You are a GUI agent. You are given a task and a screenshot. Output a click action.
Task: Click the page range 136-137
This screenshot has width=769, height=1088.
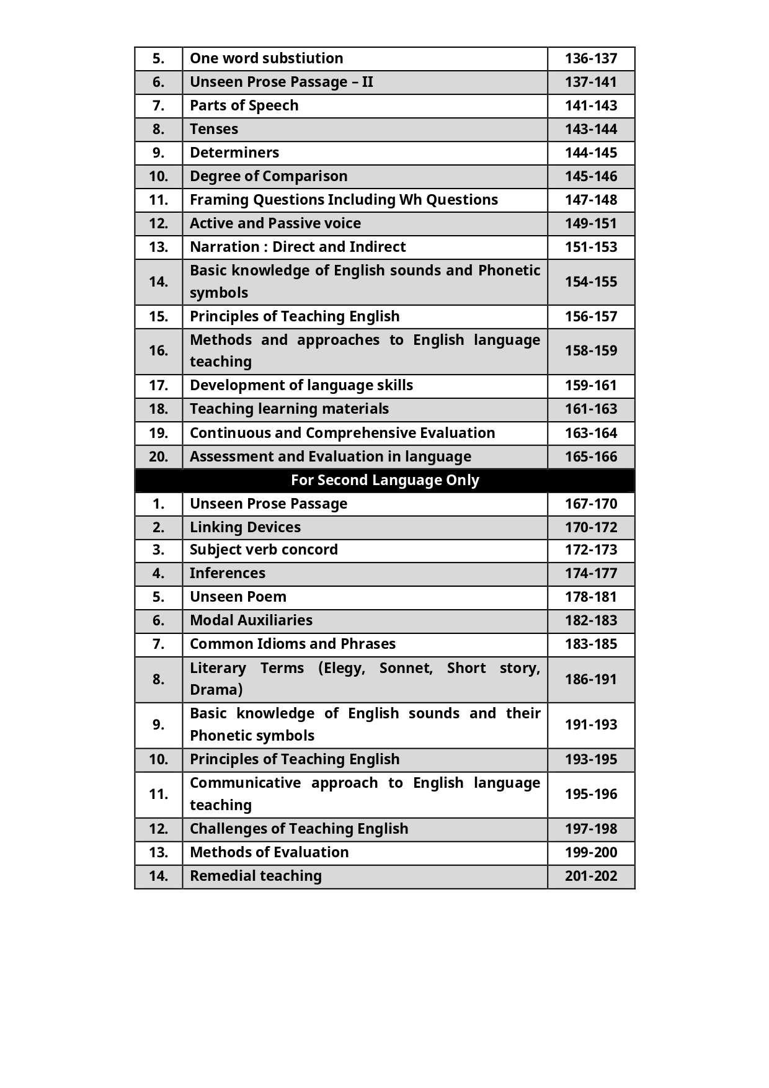(590, 58)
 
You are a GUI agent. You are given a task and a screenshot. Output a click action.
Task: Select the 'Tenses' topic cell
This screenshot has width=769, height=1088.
(214, 129)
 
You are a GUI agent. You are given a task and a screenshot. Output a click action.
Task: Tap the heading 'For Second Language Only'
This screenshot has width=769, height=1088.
(384, 480)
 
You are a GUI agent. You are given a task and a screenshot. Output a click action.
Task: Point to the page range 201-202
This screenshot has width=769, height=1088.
(590, 876)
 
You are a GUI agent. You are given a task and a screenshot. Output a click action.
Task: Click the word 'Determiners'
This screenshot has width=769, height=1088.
(234, 153)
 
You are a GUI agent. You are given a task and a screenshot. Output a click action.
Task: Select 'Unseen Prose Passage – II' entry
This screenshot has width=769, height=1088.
(281, 82)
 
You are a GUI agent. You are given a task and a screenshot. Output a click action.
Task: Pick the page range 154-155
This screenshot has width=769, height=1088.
(590, 282)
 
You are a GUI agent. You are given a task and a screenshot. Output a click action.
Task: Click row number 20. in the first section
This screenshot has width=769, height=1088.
(158, 457)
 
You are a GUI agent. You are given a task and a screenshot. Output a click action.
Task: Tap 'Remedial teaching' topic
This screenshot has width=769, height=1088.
(256, 876)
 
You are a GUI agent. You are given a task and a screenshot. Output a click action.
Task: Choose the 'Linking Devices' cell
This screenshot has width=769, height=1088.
(245, 527)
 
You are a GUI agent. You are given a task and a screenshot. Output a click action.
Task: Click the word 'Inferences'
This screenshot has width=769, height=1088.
(228, 573)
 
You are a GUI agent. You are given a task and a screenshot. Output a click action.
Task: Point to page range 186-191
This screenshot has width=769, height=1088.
(590, 679)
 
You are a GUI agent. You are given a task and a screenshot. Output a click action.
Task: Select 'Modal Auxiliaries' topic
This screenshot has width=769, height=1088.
(251, 620)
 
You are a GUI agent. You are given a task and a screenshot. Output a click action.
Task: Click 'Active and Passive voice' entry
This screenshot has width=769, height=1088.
(275, 223)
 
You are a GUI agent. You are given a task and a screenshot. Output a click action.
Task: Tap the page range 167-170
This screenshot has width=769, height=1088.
(590, 504)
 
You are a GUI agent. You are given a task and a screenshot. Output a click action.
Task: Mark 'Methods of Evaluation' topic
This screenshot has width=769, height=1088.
(269, 852)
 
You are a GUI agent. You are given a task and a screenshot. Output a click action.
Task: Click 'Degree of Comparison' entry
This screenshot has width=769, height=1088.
(269, 176)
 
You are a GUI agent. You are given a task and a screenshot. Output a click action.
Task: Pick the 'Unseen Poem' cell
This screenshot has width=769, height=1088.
(238, 597)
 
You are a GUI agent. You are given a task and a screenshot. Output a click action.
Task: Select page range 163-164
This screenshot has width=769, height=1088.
(590, 433)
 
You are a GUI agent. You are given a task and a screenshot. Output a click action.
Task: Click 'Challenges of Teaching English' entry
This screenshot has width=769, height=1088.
(299, 829)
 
